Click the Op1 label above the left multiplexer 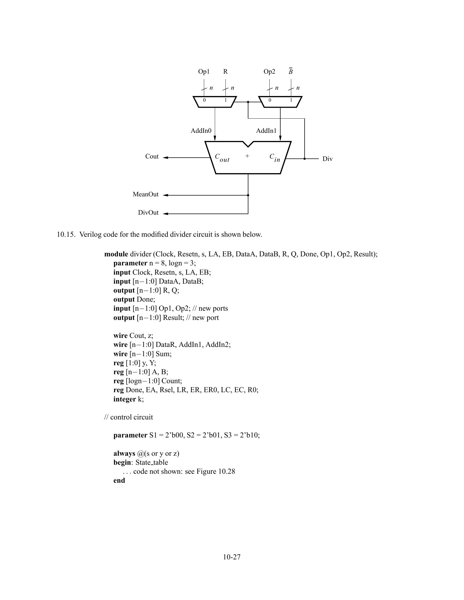point(204,72)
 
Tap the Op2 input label point(269,72)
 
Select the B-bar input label point(291,72)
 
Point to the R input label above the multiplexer point(225,72)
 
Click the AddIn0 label point(201,131)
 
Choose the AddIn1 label point(266,131)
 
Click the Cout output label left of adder point(152,157)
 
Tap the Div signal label point(327,159)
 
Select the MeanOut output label point(145,194)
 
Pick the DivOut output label point(148,213)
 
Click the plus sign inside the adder point(247,156)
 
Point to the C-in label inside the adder point(275,158)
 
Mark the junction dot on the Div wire point(305,159)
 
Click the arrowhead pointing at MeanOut point(165,195)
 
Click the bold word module point(116,254)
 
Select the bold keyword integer point(124,399)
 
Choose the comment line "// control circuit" point(128,417)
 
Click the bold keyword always point(124,454)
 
